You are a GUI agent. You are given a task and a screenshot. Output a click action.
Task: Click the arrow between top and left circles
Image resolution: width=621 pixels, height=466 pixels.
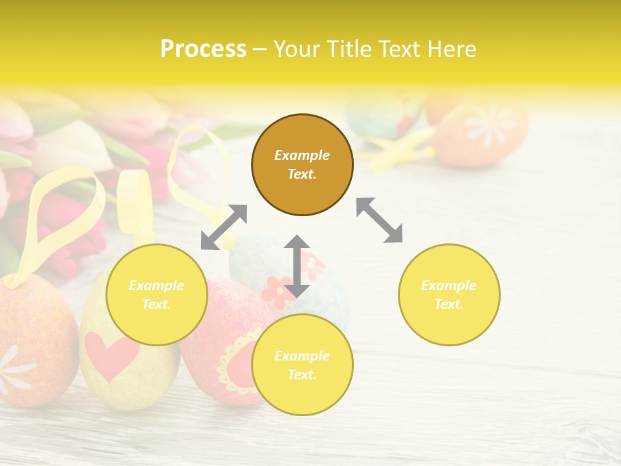click(x=224, y=227)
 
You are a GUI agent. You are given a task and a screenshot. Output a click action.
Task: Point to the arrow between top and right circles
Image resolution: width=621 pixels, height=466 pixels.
click(x=380, y=220)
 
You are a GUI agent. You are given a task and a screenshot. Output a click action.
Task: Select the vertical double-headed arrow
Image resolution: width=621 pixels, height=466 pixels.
click(x=297, y=266)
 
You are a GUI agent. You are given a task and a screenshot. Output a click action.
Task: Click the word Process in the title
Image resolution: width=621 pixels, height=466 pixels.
click(x=203, y=49)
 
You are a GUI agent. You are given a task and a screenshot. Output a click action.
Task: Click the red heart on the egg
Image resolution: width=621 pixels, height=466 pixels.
click(x=111, y=355)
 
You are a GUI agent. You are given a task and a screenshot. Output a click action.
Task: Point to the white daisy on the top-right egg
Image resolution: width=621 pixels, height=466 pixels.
click(x=490, y=124)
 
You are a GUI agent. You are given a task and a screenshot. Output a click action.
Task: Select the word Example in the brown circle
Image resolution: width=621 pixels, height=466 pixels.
click(x=302, y=155)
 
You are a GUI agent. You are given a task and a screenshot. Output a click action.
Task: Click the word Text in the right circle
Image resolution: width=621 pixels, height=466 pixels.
click(x=449, y=304)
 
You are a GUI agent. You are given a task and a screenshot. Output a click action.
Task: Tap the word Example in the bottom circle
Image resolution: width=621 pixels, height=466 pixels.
click(x=302, y=356)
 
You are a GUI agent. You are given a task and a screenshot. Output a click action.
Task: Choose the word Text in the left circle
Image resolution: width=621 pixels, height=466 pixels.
click(x=157, y=304)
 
